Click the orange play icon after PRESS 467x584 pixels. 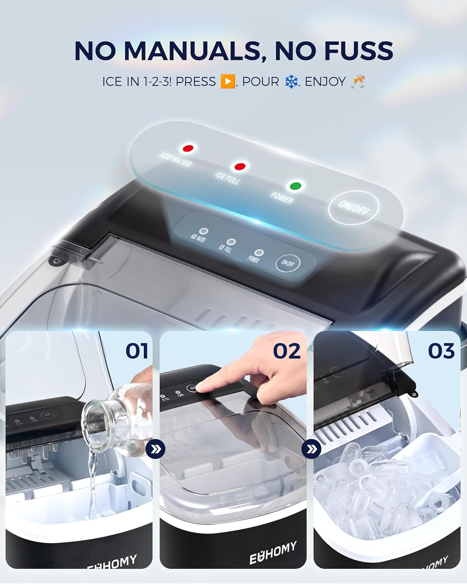[227, 81]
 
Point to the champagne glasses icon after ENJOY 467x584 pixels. [357, 81]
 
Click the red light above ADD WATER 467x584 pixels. [189, 148]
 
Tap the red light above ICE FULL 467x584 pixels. [240, 167]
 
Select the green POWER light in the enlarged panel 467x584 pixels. [296, 186]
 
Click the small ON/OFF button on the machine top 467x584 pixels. [288, 263]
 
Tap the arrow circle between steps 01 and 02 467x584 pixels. [156, 450]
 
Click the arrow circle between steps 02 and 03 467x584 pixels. [311, 450]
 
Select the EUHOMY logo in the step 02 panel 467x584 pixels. [273, 552]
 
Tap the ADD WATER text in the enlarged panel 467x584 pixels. [175, 160]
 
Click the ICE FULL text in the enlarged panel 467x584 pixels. [227, 178]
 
